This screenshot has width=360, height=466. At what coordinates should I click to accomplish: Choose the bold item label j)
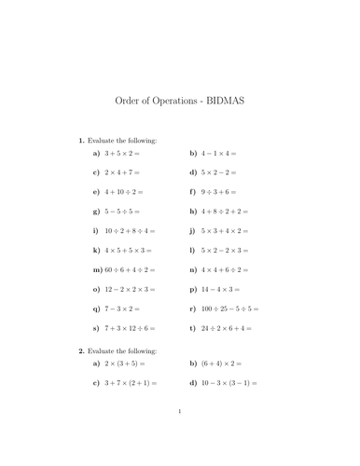(x=192, y=255)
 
